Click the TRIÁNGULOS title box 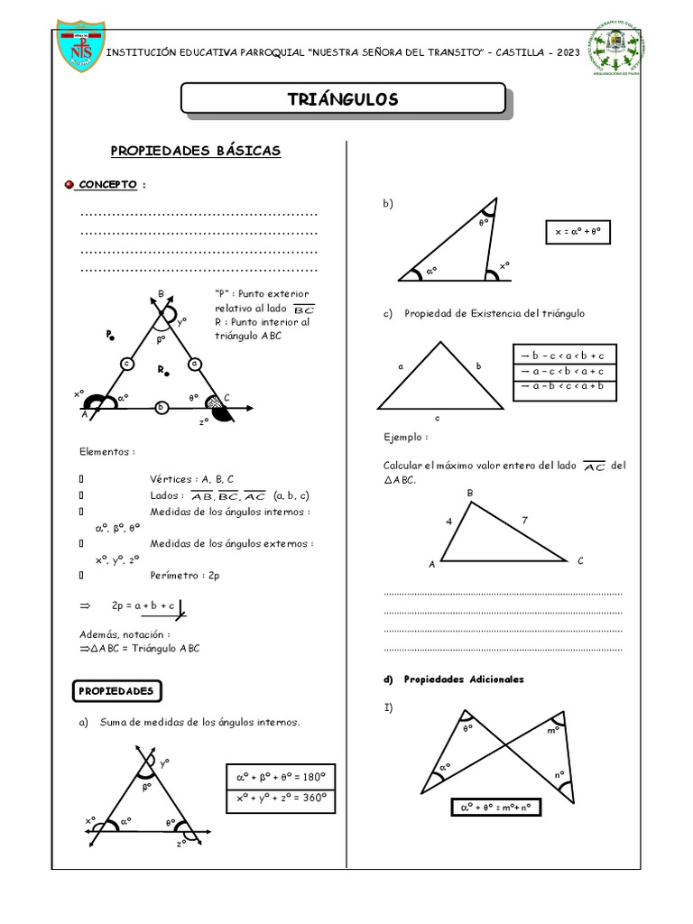coord(342,99)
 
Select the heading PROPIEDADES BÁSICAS coord(196,151)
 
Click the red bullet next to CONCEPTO coord(69,185)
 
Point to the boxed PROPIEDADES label coord(116,691)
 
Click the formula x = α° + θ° coord(577,232)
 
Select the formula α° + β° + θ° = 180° coord(280,776)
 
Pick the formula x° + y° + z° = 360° coord(280,799)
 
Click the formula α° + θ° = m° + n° coord(495,808)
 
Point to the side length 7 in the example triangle coord(524,521)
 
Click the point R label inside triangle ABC coord(161,370)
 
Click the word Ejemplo coord(405,437)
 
